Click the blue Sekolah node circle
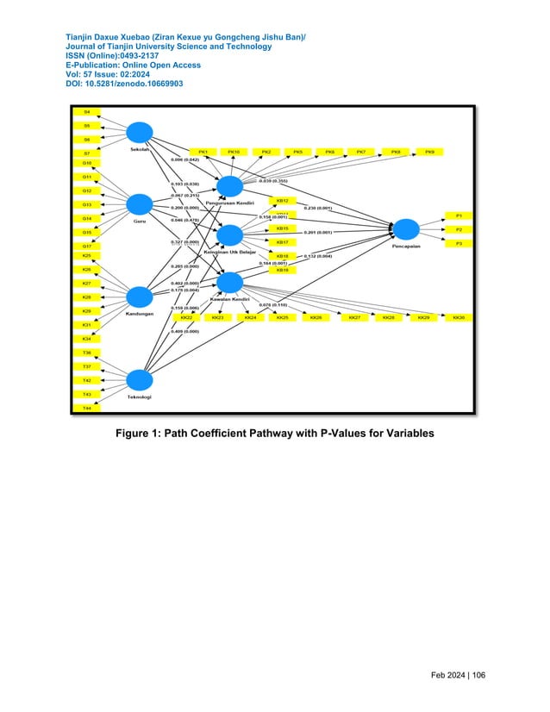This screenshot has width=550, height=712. [139, 132]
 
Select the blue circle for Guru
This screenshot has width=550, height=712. [139, 204]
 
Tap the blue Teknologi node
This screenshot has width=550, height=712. [139, 380]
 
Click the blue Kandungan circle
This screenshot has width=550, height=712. [139, 297]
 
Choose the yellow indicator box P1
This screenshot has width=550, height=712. [459, 215]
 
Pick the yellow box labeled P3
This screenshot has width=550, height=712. [459, 244]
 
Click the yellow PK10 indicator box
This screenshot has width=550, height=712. [234, 152]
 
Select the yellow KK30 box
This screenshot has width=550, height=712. [459, 318]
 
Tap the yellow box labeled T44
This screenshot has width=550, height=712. [86, 408]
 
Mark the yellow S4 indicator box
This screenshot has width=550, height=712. [86, 112]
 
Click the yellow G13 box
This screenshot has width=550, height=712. [86, 204]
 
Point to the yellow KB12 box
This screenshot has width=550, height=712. [282, 201]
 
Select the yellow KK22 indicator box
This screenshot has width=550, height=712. [186, 318]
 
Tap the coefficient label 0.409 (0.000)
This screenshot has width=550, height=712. [184, 331]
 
